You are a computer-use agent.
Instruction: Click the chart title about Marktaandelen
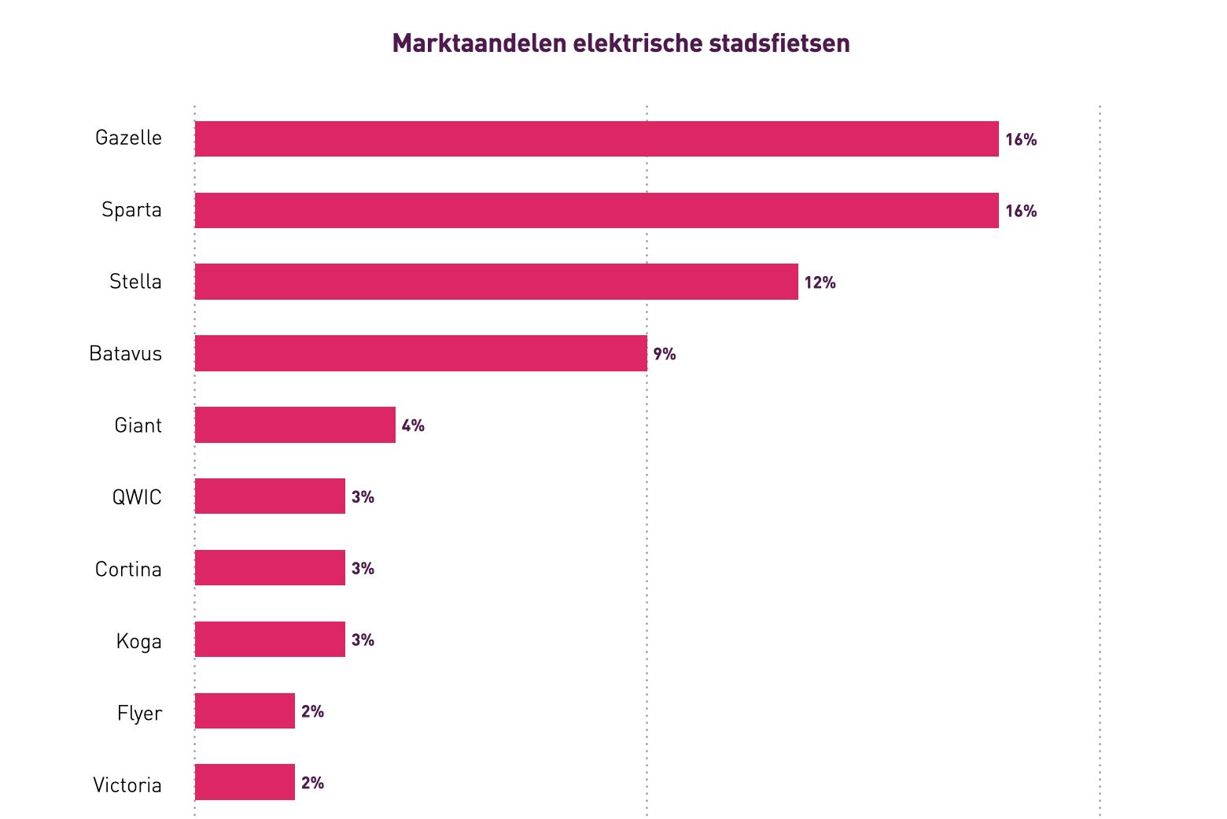[x=621, y=43]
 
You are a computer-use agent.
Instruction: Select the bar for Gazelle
[x=596, y=139]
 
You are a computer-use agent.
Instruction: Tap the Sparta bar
[x=596, y=211]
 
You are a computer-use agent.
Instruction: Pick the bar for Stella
[x=496, y=282]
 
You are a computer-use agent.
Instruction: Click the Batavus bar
[x=421, y=353]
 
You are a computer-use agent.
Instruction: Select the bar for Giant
[x=295, y=425]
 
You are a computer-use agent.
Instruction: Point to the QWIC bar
[x=270, y=496]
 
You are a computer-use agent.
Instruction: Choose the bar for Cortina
[x=270, y=568]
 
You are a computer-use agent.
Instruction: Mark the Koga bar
[x=270, y=640]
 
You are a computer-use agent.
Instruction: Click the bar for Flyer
[x=245, y=711]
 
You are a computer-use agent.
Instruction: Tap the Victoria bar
[x=245, y=783]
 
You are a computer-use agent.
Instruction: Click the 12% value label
[x=820, y=282]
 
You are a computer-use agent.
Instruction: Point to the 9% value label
[x=665, y=354]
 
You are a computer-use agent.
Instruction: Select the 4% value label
[x=413, y=426]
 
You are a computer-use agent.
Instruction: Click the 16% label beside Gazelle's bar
[x=1021, y=140]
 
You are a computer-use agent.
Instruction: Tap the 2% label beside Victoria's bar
[x=312, y=783]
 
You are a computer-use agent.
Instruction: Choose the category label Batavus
[x=126, y=353]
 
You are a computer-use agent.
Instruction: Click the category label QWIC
[x=137, y=497]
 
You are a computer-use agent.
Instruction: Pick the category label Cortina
[x=128, y=569]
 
